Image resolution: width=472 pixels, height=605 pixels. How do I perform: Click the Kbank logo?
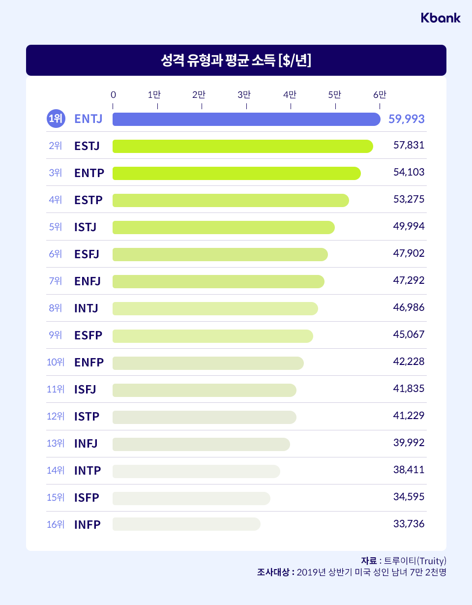click(x=441, y=18)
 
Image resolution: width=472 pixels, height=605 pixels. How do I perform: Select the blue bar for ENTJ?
click(x=246, y=119)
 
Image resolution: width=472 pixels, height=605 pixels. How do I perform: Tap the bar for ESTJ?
click(x=242, y=146)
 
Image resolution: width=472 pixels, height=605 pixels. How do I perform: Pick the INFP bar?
click(x=186, y=524)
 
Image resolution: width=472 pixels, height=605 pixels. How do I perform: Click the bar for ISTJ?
click(x=223, y=227)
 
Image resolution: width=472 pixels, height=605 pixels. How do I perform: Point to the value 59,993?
click(x=406, y=119)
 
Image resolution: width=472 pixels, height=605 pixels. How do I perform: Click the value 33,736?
click(x=409, y=524)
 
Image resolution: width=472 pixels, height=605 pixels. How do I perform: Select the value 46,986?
click(x=409, y=308)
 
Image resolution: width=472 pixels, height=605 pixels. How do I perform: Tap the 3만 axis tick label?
click(x=244, y=94)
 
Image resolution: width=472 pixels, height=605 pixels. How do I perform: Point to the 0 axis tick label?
click(x=113, y=94)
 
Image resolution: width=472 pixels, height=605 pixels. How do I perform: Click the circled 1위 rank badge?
click(x=56, y=119)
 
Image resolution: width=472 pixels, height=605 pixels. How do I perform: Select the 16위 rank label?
click(x=56, y=524)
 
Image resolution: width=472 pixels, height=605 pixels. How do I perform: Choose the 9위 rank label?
click(x=56, y=335)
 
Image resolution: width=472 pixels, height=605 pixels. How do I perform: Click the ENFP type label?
click(x=89, y=363)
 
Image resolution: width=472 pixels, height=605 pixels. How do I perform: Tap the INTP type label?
click(x=88, y=471)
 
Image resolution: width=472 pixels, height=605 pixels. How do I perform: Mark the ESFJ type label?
click(x=87, y=254)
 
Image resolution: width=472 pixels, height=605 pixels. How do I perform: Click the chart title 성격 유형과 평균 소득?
click(x=236, y=60)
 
